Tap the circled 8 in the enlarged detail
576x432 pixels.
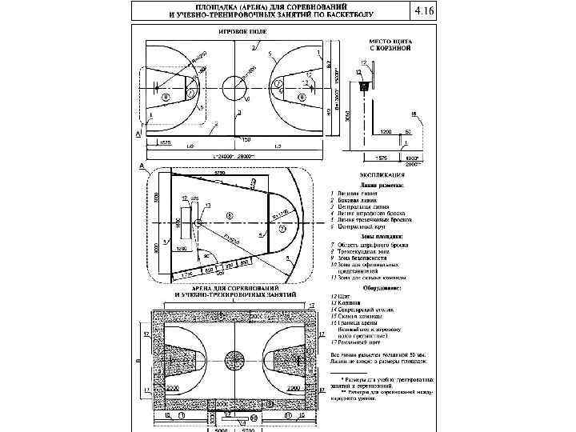(x=230, y=216)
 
